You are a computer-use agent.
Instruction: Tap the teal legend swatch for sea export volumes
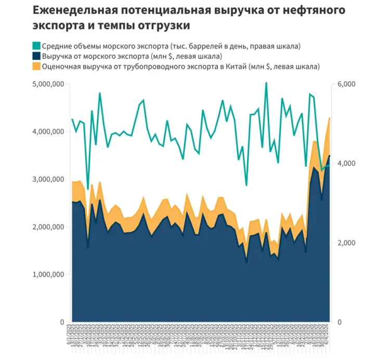coord(36,46)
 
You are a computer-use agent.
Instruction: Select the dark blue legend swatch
coord(36,56)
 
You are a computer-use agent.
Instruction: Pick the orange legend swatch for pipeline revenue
coord(36,66)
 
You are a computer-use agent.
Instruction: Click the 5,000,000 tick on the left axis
coord(48,84)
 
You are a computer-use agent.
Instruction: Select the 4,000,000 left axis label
coord(48,132)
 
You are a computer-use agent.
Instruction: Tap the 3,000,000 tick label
coord(48,179)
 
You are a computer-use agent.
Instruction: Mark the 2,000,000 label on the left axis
coord(48,227)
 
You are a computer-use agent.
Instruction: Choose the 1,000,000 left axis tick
coord(48,274)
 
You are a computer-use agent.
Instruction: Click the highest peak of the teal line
coord(266,83)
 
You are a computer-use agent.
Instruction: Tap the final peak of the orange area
coord(330,118)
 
